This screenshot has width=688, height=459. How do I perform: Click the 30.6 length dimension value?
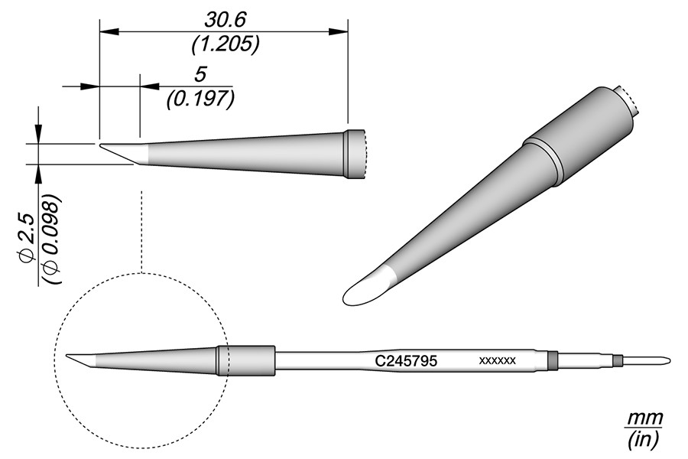click(226, 20)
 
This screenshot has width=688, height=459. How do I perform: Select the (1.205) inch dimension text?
click(226, 44)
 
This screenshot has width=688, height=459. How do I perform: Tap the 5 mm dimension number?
click(200, 75)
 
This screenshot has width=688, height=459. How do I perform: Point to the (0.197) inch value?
click(200, 99)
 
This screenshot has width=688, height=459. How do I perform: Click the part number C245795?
click(406, 361)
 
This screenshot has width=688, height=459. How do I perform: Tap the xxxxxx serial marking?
click(497, 361)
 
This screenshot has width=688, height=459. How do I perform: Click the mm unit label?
click(644, 418)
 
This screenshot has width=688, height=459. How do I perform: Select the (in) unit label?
click(643, 440)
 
